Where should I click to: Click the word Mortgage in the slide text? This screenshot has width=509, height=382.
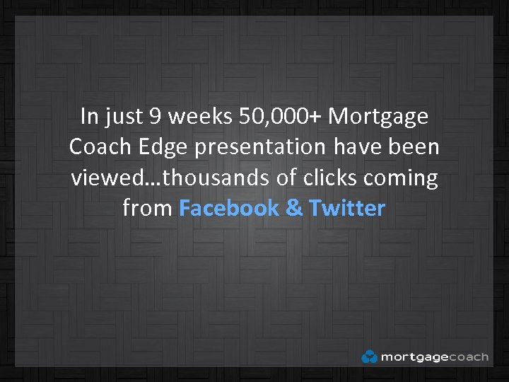(x=378, y=117)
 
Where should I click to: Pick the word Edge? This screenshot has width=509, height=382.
(x=160, y=148)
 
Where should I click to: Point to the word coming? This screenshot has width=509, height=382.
(x=400, y=179)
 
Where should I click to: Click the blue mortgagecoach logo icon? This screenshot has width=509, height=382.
(x=370, y=357)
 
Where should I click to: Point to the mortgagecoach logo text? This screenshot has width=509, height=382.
(x=434, y=357)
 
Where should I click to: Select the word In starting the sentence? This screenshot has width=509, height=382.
(x=90, y=115)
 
